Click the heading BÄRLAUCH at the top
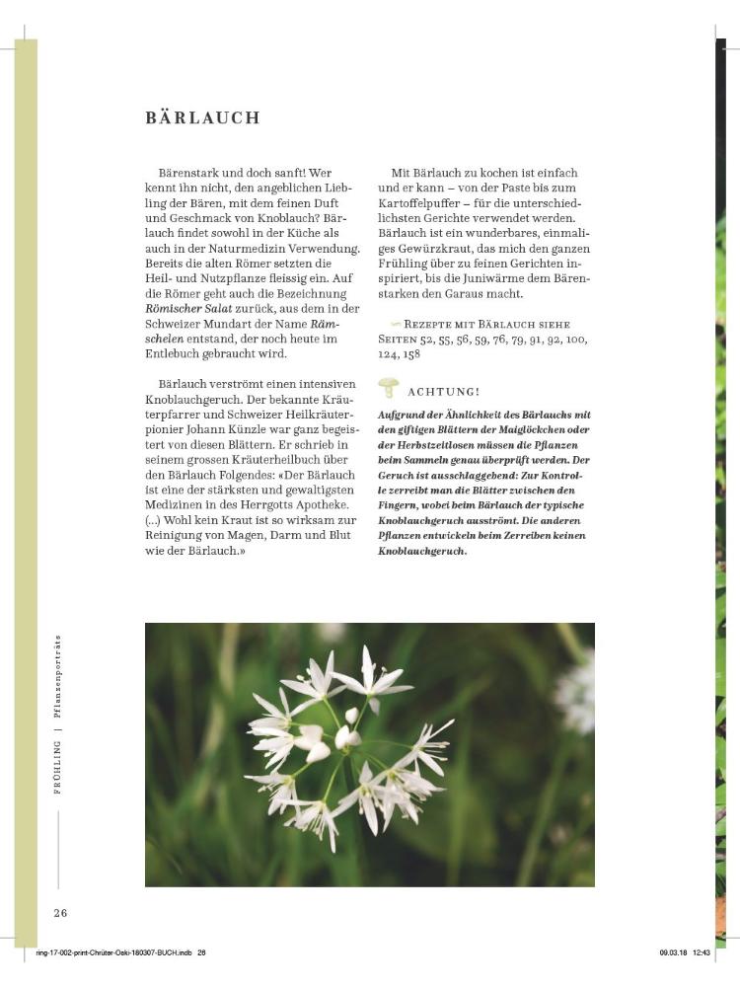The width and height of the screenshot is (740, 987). point(202,118)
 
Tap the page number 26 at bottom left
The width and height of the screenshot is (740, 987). point(60,912)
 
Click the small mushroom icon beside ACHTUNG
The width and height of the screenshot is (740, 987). point(389,388)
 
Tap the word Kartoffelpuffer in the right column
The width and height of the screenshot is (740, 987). point(426,202)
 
